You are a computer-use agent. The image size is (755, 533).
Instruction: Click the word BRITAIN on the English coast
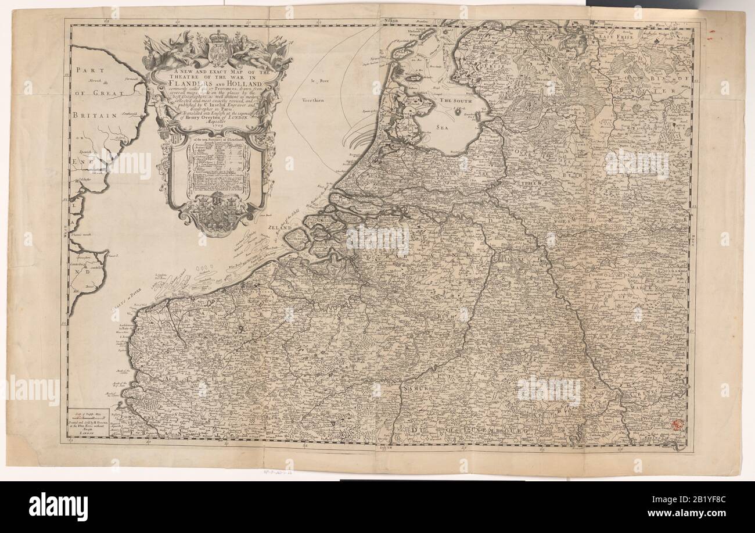click(93, 116)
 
